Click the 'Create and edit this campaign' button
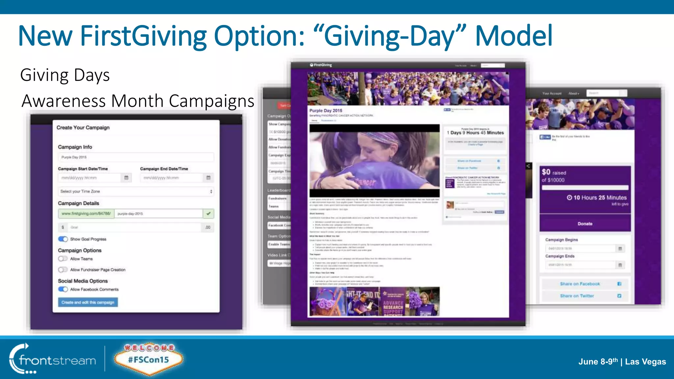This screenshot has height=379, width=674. (x=88, y=302)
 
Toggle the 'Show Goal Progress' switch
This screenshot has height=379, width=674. (x=63, y=239)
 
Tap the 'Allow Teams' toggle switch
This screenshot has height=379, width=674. (x=63, y=259)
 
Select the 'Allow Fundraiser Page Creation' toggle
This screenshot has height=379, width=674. (x=63, y=270)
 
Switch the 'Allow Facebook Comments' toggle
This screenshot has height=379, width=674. (x=63, y=290)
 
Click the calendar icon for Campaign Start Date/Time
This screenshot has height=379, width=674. (x=126, y=178)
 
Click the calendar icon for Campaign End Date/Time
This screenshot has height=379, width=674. (x=208, y=178)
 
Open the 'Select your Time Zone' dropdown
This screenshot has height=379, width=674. (x=136, y=191)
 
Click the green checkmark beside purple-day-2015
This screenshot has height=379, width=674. (x=208, y=214)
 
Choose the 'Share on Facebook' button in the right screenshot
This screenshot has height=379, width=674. (x=585, y=284)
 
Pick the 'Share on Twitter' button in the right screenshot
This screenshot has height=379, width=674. (x=585, y=296)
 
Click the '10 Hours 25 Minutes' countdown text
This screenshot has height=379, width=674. (x=600, y=198)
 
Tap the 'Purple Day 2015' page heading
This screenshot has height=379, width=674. (x=325, y=111)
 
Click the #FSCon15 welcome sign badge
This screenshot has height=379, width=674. (x=148, y=359)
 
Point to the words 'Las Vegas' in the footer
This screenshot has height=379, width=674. (x=645, y=362)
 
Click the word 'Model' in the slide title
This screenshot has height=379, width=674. (x=513, y=36)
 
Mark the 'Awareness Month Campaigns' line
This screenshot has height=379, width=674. (x=138, y=101)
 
